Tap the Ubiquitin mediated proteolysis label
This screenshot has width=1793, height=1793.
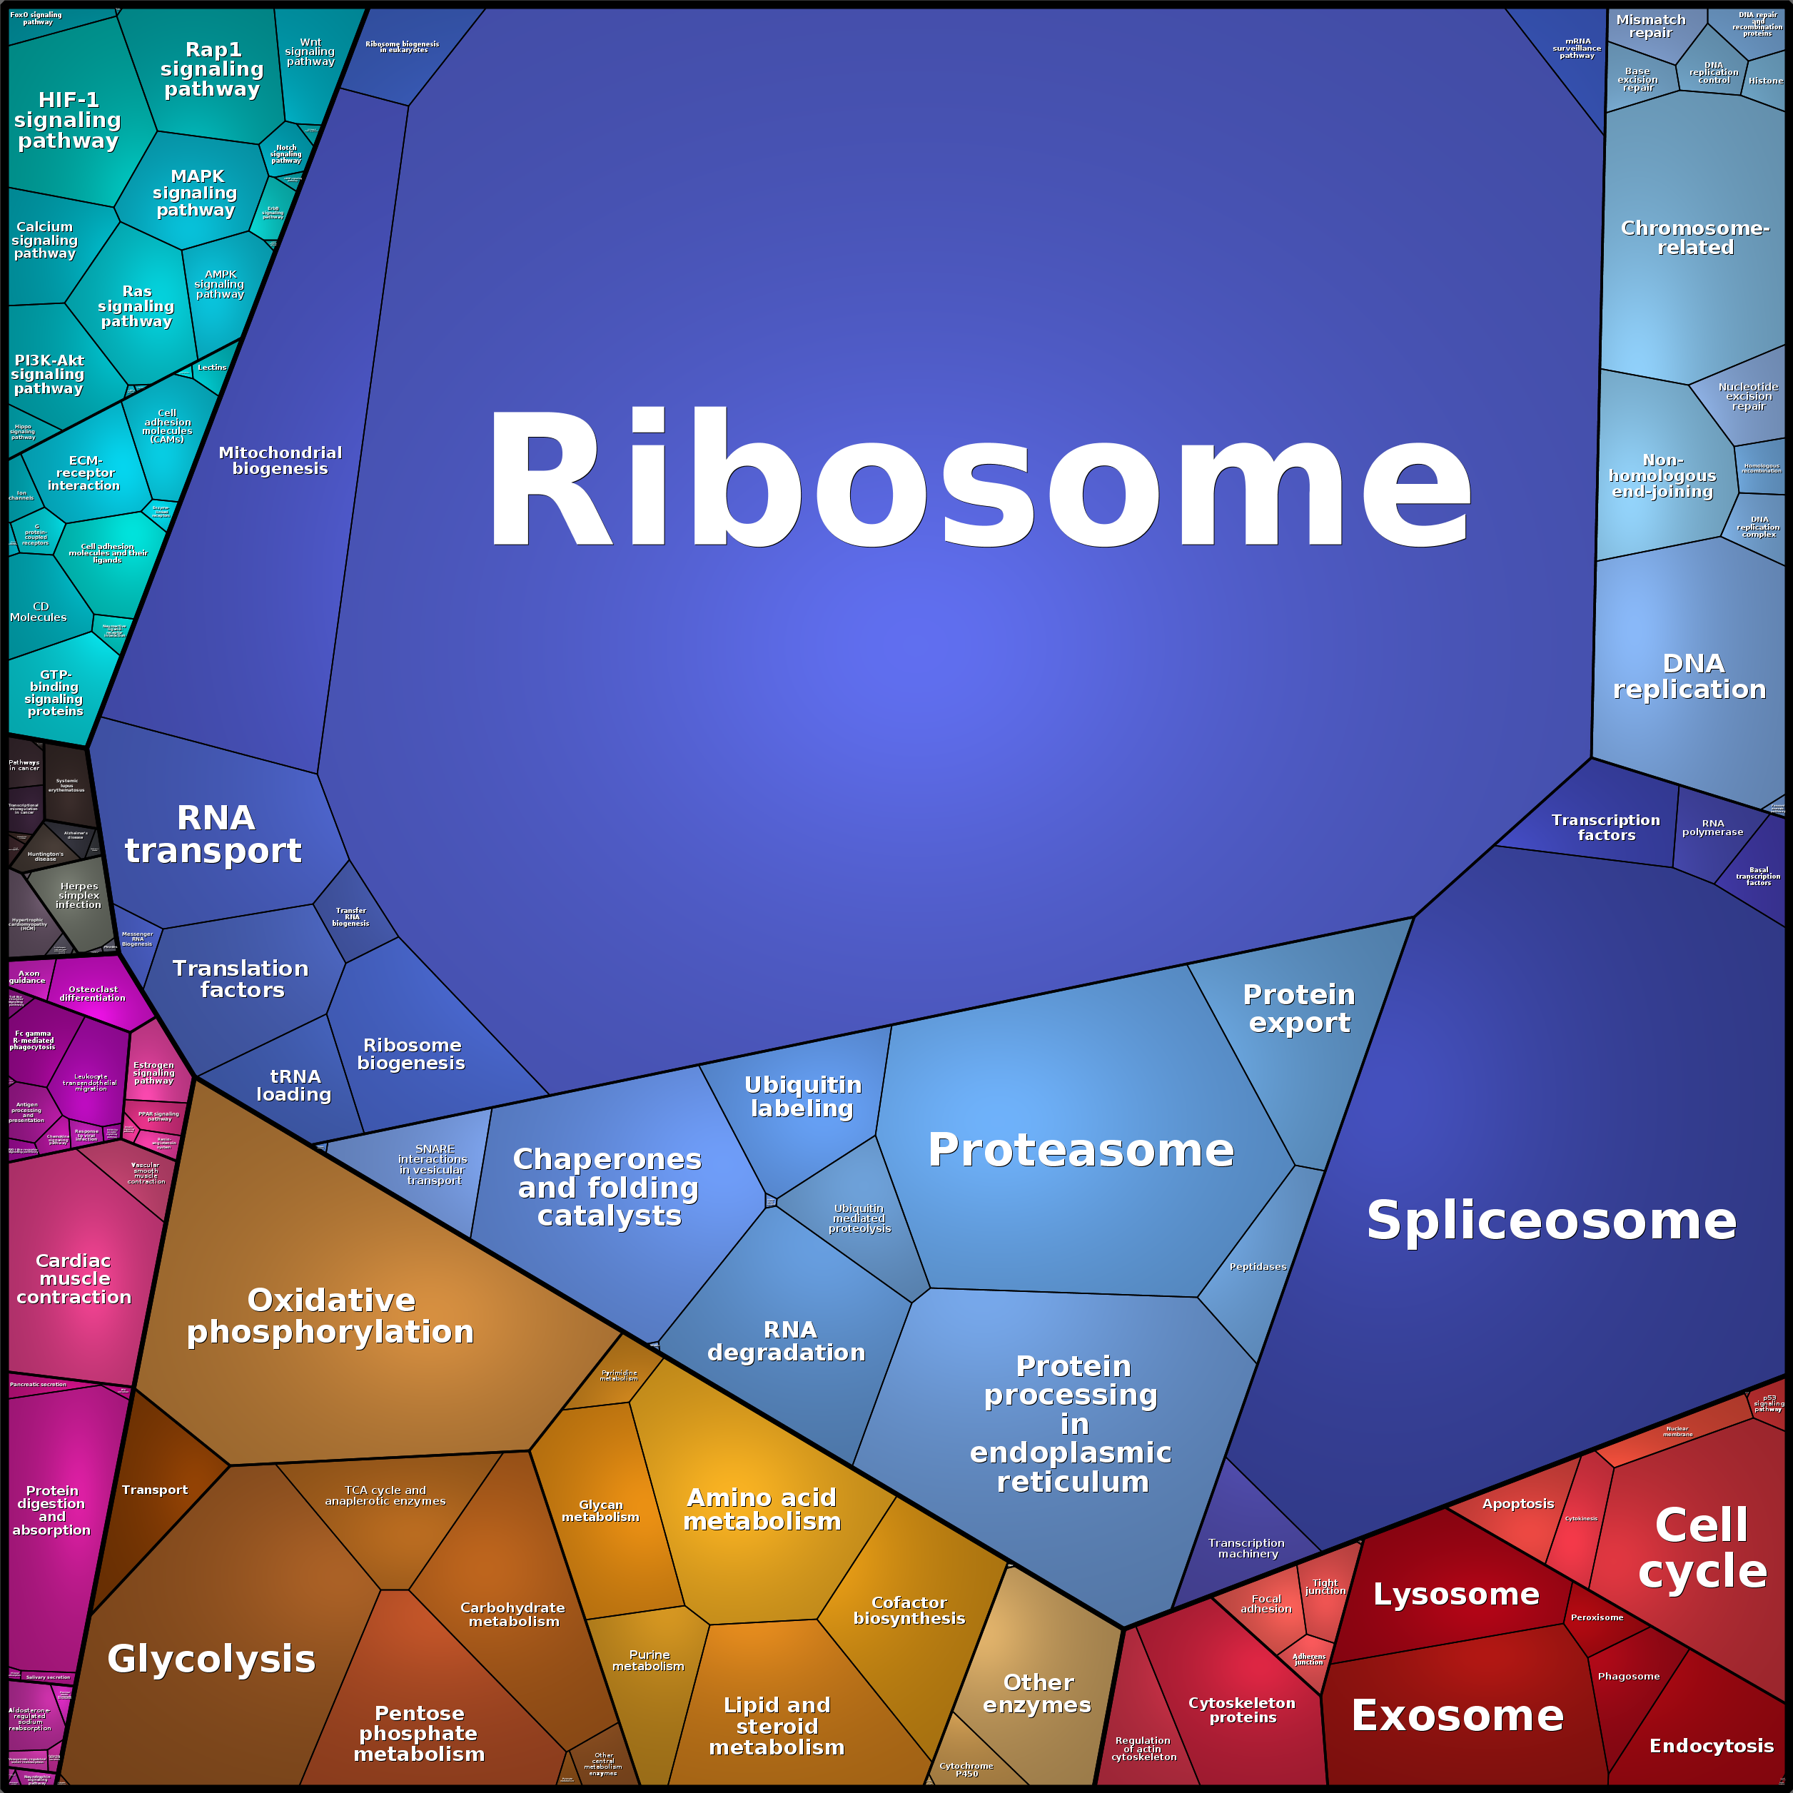click(859, 1218)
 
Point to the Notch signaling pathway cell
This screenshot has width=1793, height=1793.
click(286, 153)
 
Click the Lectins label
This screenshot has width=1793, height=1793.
click(211, 368)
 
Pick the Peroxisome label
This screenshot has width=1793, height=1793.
click(1596, 1617)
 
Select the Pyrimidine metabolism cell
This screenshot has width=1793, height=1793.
click(618, 1375)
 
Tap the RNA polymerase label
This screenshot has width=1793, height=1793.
click(1712, 828)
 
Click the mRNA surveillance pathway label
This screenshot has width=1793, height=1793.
click(1577, 49)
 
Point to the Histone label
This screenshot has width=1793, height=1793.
click(1765, 81)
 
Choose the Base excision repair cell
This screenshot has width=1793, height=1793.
click(1638, 80)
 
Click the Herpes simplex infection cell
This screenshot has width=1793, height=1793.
click(79, 896)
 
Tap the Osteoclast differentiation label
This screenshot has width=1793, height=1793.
click(93, 993)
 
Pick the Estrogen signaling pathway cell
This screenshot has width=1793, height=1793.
click(154, 1073)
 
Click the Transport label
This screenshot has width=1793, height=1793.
click(154, 1490)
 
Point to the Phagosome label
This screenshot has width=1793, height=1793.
click(1629, 1676)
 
